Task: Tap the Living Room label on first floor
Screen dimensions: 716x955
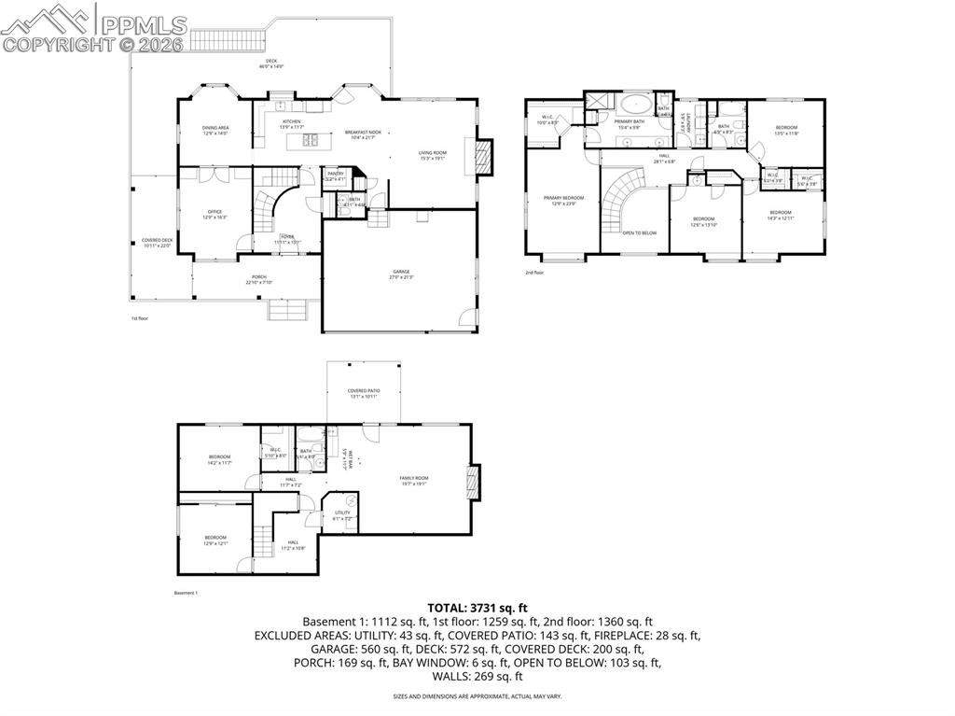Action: pyautogui.click(x=433, y=155)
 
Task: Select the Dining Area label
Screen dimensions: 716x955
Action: pyautogui.click(x=215, y=130)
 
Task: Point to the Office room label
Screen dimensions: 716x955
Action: pyautogui.click(x=215, y=214)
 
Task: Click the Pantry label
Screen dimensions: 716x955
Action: pyautogui.click(x=336, y=175)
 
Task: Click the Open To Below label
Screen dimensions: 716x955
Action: pyautogui.click(x=640, y=232)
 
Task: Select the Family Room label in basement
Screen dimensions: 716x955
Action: pyautogui.click(x=414, y=480)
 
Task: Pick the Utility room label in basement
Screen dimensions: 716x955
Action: pyautogui.click(x=342, y=514)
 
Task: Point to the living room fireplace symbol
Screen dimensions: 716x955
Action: pyautogui.click(x=483, y=156)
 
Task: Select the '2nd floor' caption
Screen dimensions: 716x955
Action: pyautogui.click(x=534, y=273)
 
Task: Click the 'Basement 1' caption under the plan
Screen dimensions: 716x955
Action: pyautogui.click(x=186, y=593)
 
